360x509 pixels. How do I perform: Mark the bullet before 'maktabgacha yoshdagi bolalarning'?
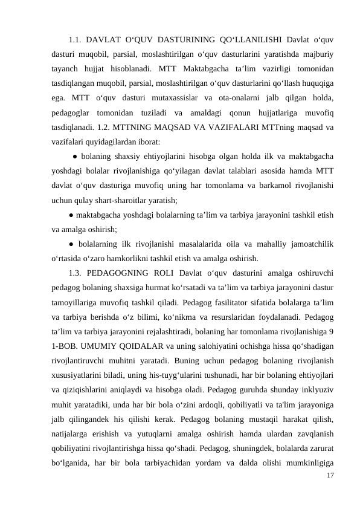(x=71, y=215)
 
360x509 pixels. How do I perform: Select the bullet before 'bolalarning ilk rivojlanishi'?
(x=71, y=244)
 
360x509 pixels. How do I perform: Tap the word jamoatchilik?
(x=309, y=244)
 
